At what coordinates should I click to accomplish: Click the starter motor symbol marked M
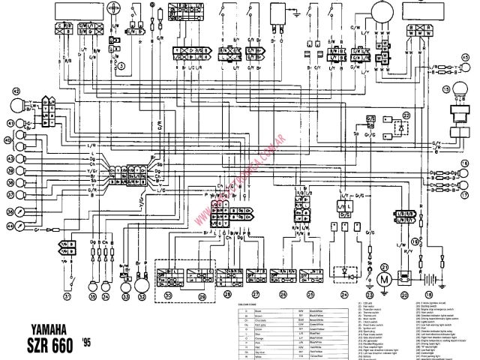(x=386, y=280)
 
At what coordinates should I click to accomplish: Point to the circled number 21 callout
(x=385, y=266)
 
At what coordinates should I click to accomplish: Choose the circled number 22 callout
(x=407, y=115)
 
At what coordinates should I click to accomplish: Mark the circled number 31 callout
(x=67, y=295)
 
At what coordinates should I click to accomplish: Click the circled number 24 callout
(x=344, y=295)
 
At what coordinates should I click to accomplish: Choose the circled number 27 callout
(x=256, y=295)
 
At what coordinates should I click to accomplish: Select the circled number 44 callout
(x=10, y=226)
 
